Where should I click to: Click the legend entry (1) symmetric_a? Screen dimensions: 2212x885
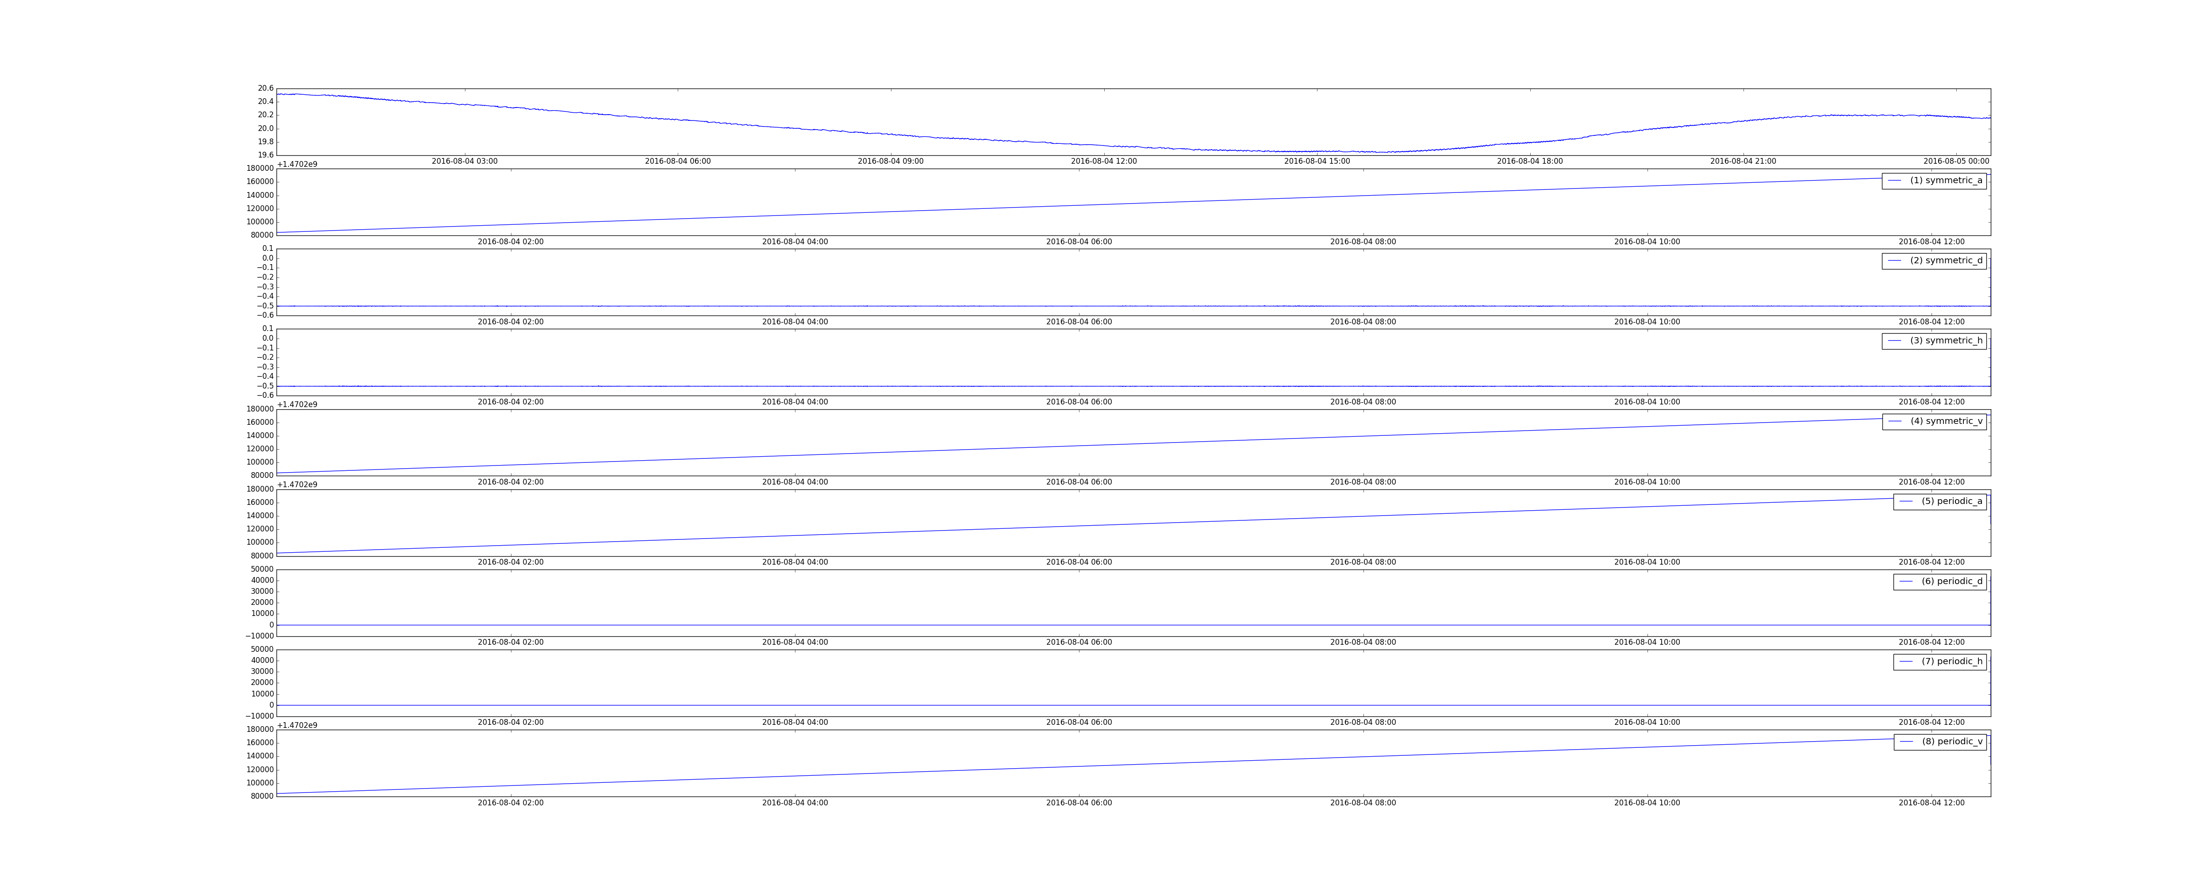(1934, 181)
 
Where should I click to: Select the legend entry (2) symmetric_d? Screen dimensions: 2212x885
(1934, 260)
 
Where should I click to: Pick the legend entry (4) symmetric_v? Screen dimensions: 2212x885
(1934, 421)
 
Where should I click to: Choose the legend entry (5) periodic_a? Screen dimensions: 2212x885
(1940, 501)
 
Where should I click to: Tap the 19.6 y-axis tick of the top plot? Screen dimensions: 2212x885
(265, 155)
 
